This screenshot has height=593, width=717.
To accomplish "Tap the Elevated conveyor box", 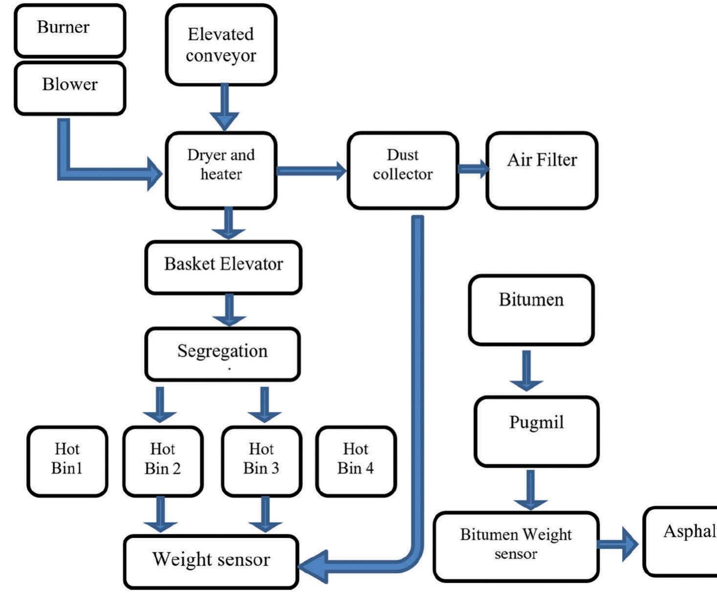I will click(221, 45).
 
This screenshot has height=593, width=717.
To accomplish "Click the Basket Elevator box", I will click(223, 267).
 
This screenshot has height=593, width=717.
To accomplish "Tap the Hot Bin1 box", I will click(67, 461).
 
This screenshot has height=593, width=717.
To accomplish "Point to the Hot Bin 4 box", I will click(355, 461).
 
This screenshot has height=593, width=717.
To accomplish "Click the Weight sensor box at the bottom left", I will click(211, 561).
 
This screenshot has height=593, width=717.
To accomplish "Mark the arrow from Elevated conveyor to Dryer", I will click(224, 108).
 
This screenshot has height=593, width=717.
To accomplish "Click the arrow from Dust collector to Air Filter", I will click(473, 169).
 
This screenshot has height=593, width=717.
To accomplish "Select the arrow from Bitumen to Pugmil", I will click(526, 371).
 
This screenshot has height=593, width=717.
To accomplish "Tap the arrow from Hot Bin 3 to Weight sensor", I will click(265, 514).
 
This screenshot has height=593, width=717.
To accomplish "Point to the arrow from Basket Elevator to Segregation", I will click(229, 310).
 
